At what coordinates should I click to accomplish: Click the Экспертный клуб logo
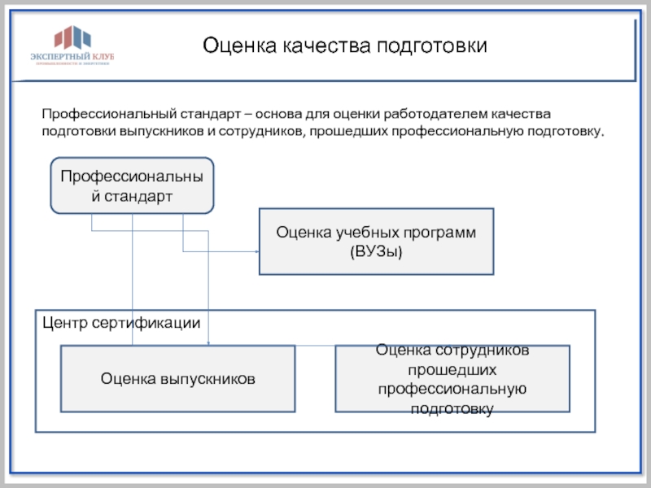pos(72,47)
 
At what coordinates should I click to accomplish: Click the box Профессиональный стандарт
pos(132,185)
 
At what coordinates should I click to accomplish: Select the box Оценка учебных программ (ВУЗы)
pos(375,242)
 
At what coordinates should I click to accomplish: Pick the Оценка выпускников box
pos(177,378)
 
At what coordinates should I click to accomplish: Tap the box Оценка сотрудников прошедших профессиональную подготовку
pos(452,379)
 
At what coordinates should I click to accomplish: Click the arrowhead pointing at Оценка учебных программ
pos(255,251)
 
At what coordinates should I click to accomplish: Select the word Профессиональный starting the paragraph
pos(104,113)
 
